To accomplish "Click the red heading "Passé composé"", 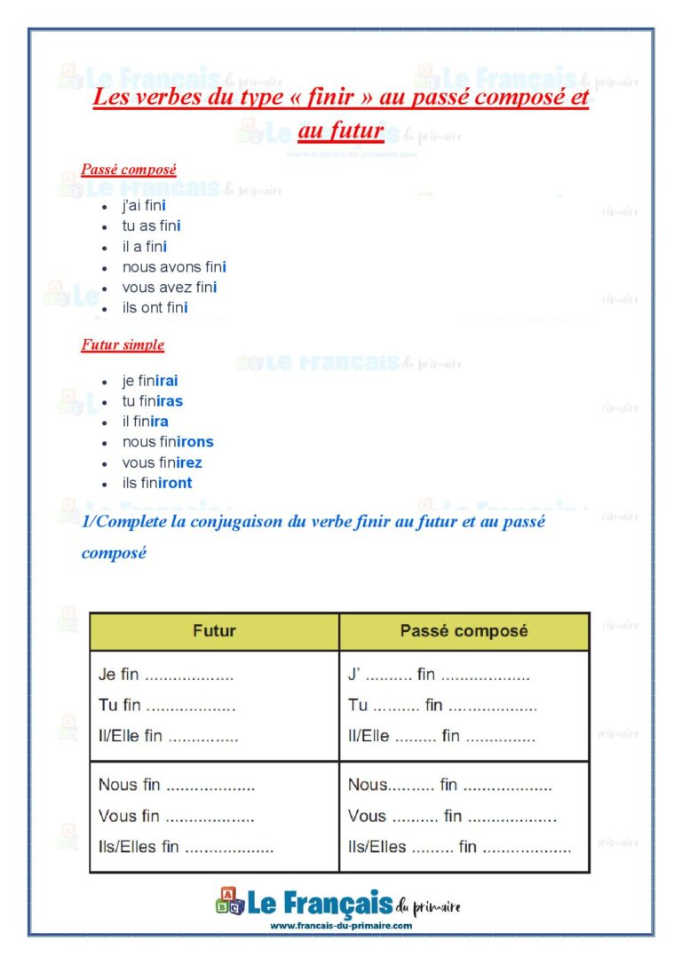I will [x=128, y=169].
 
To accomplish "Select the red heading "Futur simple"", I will [x=123, y=344].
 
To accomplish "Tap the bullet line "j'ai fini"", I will [x=144, y=206].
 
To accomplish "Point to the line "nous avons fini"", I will [x=174, y=267].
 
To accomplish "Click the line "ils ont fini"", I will [x=155, y=308].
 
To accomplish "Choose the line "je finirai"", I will [x=150, y=381].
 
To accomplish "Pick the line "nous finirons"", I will [x=168, y=442].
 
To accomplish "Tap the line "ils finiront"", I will [x=157, y=483].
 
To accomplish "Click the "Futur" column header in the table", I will [x=214, y=631].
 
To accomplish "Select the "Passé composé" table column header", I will [x=464, y=631].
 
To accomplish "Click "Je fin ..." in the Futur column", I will [x=165, y=675].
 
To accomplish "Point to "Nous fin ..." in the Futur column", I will [x=176, y=786].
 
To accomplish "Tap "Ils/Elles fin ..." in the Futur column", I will [x=186, y=847].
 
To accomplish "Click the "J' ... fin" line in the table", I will [x=439, y=675].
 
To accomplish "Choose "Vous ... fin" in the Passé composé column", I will [x=452, y=816].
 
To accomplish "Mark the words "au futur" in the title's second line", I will [x=341, y=131].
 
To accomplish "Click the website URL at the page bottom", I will [x=341, y=925].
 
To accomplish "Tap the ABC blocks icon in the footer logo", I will [x=229, y=902].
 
